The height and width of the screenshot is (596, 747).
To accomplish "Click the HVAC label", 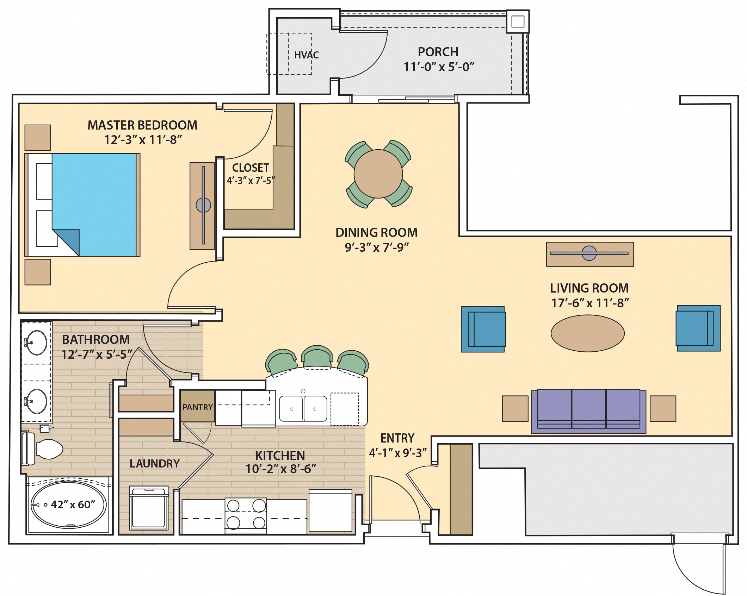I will coord(306,55).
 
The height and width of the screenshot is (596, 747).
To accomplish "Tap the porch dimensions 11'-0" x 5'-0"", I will coord(439,67).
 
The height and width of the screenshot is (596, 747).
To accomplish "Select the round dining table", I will coord(378,174).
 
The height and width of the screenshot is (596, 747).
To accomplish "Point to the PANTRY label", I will coord(197,407).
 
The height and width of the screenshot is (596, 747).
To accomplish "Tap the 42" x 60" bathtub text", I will coord(73,505).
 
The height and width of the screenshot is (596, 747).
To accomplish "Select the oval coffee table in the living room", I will coord(587,333).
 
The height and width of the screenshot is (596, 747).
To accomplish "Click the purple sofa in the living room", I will coord(588,410).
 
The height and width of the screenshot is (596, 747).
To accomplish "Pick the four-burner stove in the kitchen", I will coord(246,515).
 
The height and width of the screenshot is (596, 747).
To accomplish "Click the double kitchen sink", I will coord(303,408).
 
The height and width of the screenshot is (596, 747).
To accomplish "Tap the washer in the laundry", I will coord(149,508).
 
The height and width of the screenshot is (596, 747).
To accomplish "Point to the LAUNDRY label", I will coord(154,464).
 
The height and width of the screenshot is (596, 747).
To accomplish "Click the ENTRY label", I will coord(397,438).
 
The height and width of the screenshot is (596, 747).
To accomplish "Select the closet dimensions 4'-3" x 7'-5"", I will coord(251,181).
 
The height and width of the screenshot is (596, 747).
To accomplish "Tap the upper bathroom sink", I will coord(37,342).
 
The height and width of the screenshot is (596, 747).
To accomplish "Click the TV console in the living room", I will coord(589,254).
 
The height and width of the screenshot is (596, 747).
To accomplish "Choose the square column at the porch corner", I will coord(517,22).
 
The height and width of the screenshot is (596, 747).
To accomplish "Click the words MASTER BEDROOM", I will coord(142,125).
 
